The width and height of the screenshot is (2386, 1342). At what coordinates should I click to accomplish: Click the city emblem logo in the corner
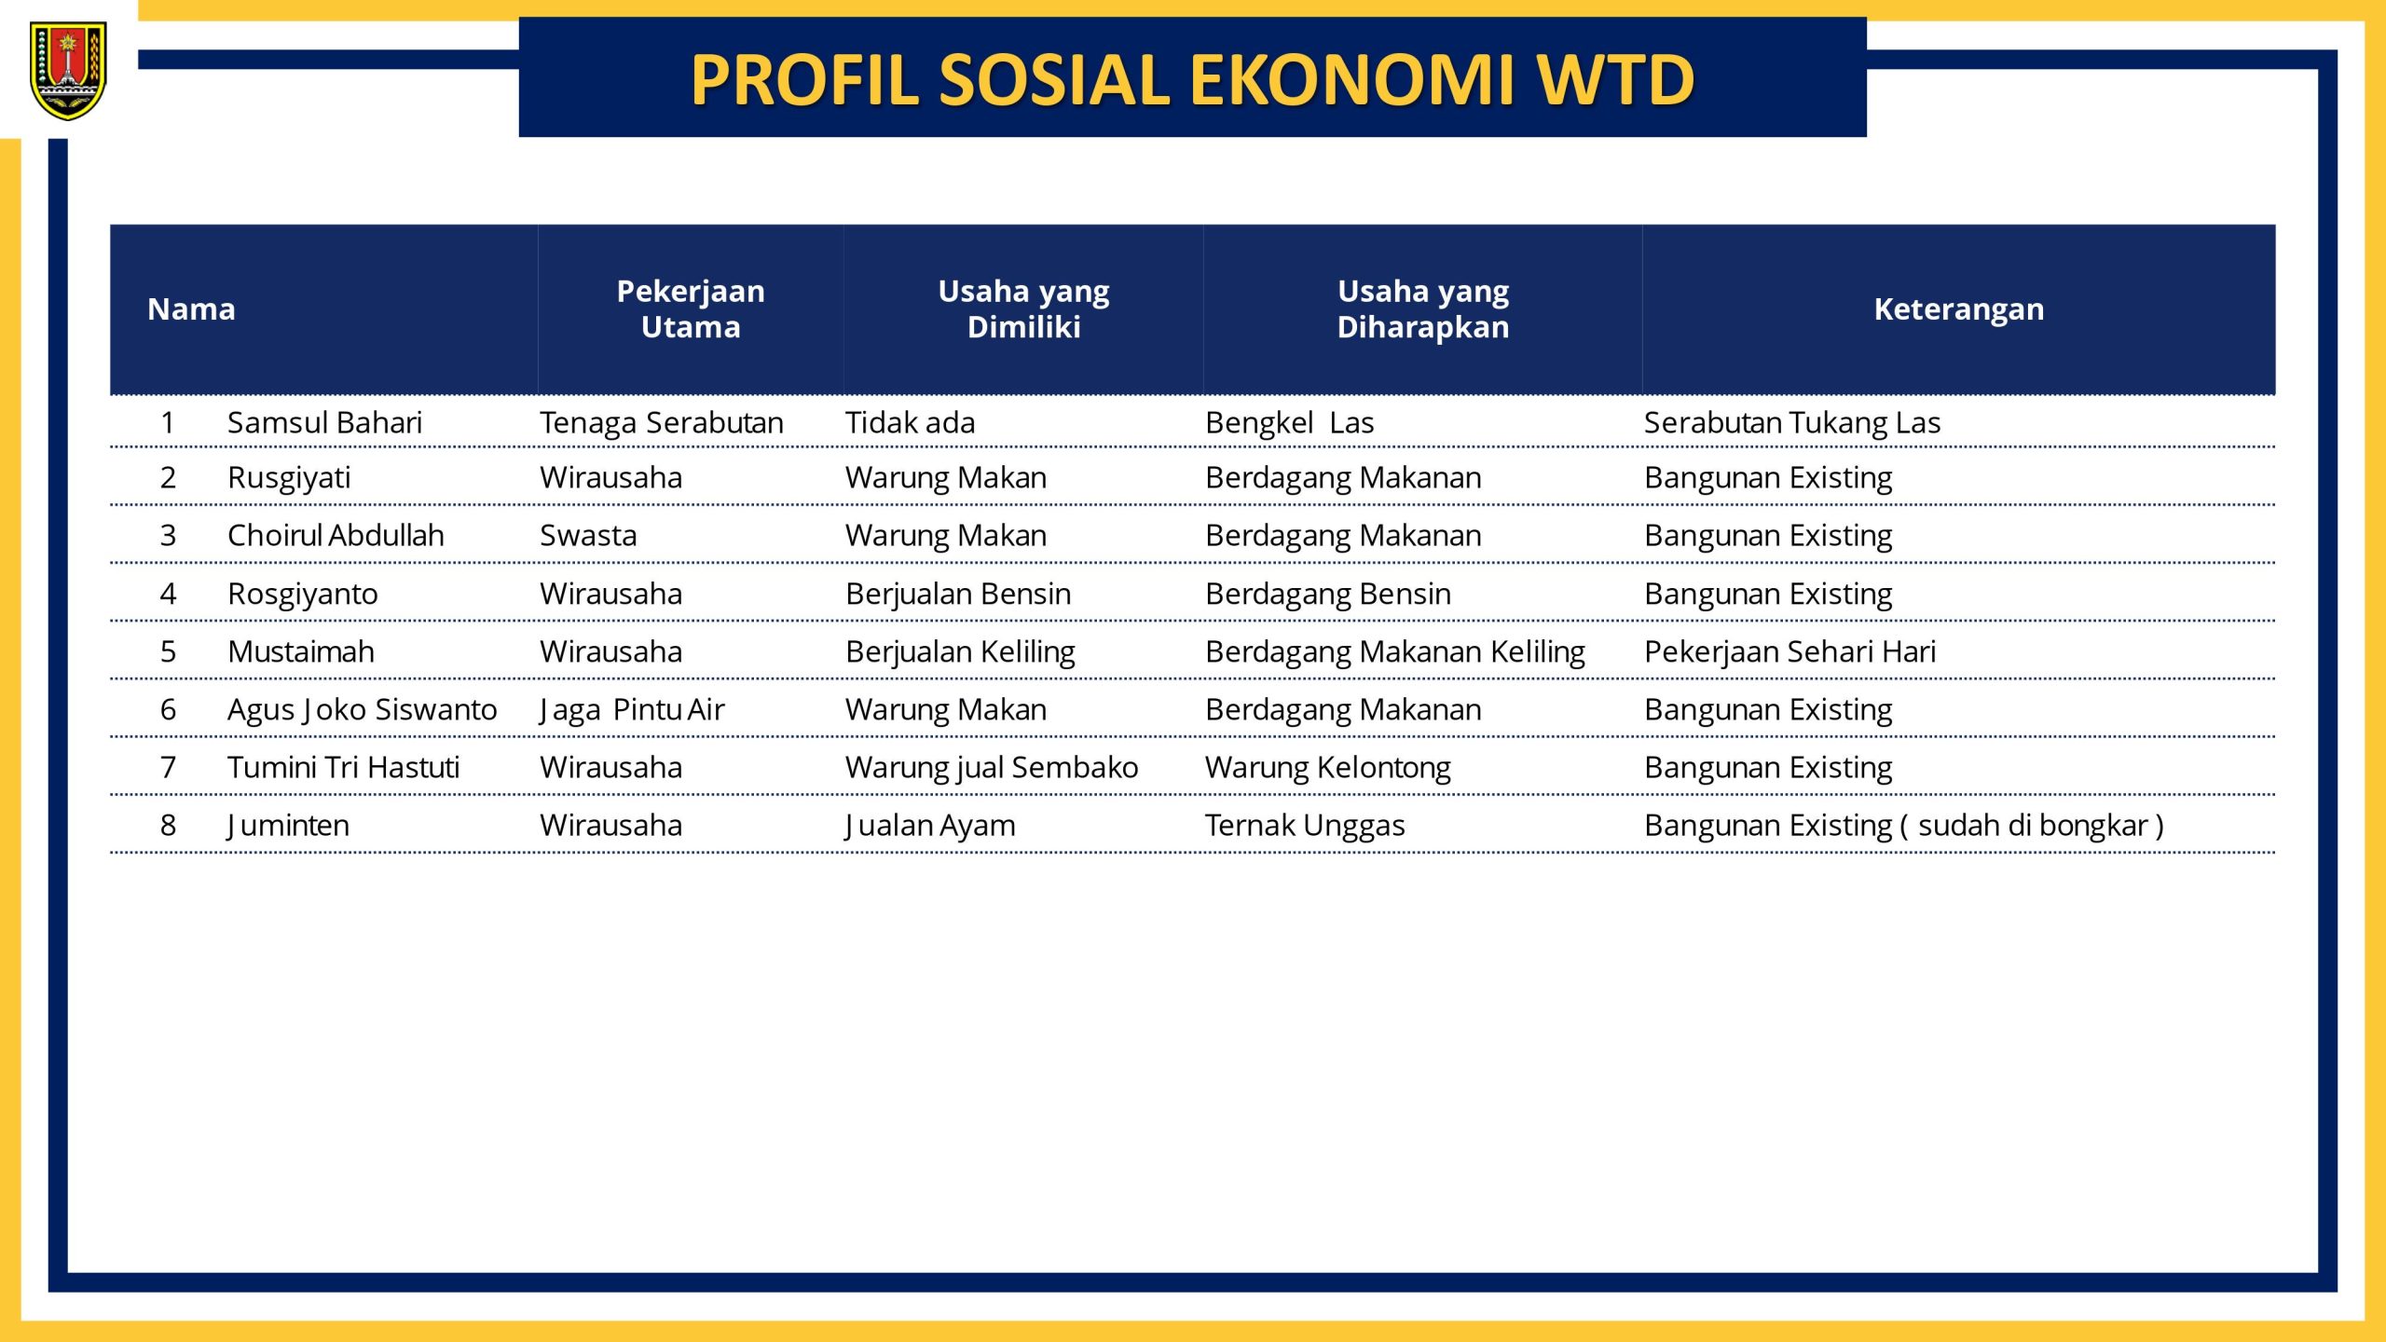pos(68,72)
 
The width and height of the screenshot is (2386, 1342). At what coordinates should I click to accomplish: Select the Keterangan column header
pos(1958,309)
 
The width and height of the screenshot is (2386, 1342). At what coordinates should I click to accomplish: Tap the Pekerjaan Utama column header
pos(691,309)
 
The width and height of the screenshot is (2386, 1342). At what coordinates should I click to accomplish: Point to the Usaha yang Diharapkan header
pos(1422,309)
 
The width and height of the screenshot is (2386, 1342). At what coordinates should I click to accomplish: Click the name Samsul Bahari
pos(324,423)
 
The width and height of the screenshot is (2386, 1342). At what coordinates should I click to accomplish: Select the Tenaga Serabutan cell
pos(662,423)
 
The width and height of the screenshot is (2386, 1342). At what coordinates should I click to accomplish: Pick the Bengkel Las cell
pos(1289,423)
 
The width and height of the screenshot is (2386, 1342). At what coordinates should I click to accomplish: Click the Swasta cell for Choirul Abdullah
pos(588,536)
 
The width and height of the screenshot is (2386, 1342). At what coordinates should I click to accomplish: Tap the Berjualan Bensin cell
pos(958,595)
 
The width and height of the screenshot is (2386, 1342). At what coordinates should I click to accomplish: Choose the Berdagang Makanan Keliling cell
pos(1394,652)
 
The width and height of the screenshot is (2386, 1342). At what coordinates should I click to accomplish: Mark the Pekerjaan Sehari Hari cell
pos(1789,652)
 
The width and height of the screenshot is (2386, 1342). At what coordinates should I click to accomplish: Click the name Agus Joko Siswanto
pos(362,710)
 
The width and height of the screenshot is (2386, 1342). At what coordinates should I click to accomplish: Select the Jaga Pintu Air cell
pos(632,710)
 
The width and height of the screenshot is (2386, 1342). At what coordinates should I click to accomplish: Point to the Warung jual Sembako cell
pos(992,768)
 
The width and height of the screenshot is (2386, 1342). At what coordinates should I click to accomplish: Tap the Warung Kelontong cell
pos(1327,768)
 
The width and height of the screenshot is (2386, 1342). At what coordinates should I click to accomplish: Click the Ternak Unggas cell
pos(1305,826)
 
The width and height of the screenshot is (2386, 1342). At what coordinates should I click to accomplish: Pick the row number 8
pos(168,826)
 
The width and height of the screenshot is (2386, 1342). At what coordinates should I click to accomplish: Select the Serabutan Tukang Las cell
pos(1791,423)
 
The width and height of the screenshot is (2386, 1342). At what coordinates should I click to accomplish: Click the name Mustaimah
pos(300,652)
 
